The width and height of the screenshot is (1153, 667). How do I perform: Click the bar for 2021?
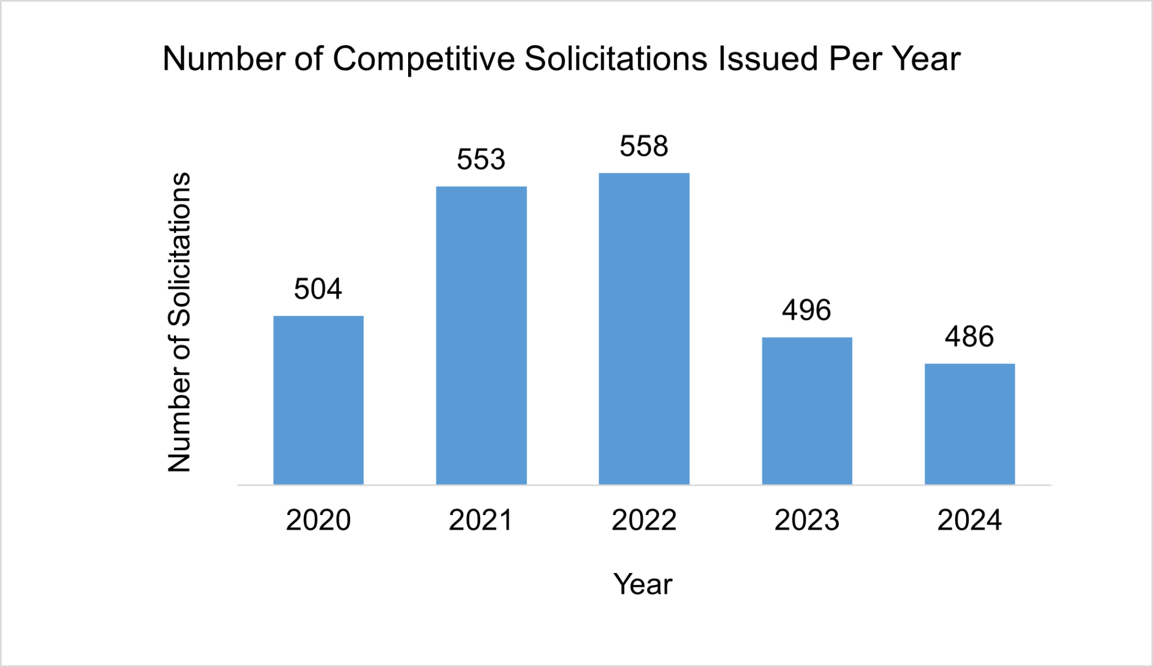[481, 335]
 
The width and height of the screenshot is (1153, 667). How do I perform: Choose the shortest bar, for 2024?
[969, 424]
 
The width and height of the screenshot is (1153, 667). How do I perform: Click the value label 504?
[318, 289]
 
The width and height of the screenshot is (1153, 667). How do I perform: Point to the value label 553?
[481, 159]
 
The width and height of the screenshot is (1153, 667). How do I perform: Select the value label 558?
[644, 146]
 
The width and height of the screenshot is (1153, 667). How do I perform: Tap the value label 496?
[807, 310]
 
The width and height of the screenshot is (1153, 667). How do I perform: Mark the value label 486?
[969, 337]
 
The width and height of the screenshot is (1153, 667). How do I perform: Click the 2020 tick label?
[318, 520]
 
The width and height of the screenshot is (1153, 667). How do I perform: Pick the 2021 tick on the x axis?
[481, 520]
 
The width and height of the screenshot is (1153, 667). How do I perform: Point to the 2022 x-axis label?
[644, 520]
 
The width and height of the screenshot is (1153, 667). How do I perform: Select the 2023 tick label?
[807, 520]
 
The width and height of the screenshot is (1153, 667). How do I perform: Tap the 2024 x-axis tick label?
[969, 520]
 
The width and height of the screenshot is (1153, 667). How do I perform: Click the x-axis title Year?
[643, 584]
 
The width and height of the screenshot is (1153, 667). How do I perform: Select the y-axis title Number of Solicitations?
[180, 322]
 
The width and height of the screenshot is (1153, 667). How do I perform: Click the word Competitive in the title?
[423, 59]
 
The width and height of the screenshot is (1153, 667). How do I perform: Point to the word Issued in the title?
[768, 59]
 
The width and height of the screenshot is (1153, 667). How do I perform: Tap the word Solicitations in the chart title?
[616, 59]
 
